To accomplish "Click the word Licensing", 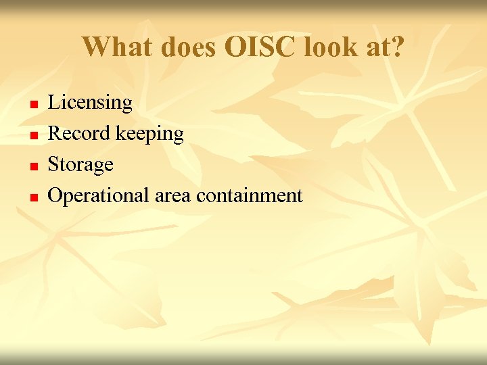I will pos(90,103).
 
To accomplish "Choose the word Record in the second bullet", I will pos(80,133).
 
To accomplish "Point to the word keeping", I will pos(149,135).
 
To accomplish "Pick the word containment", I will pos(250,196).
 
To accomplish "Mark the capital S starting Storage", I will pos(53,164).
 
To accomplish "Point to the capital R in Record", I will pos(54,133).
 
